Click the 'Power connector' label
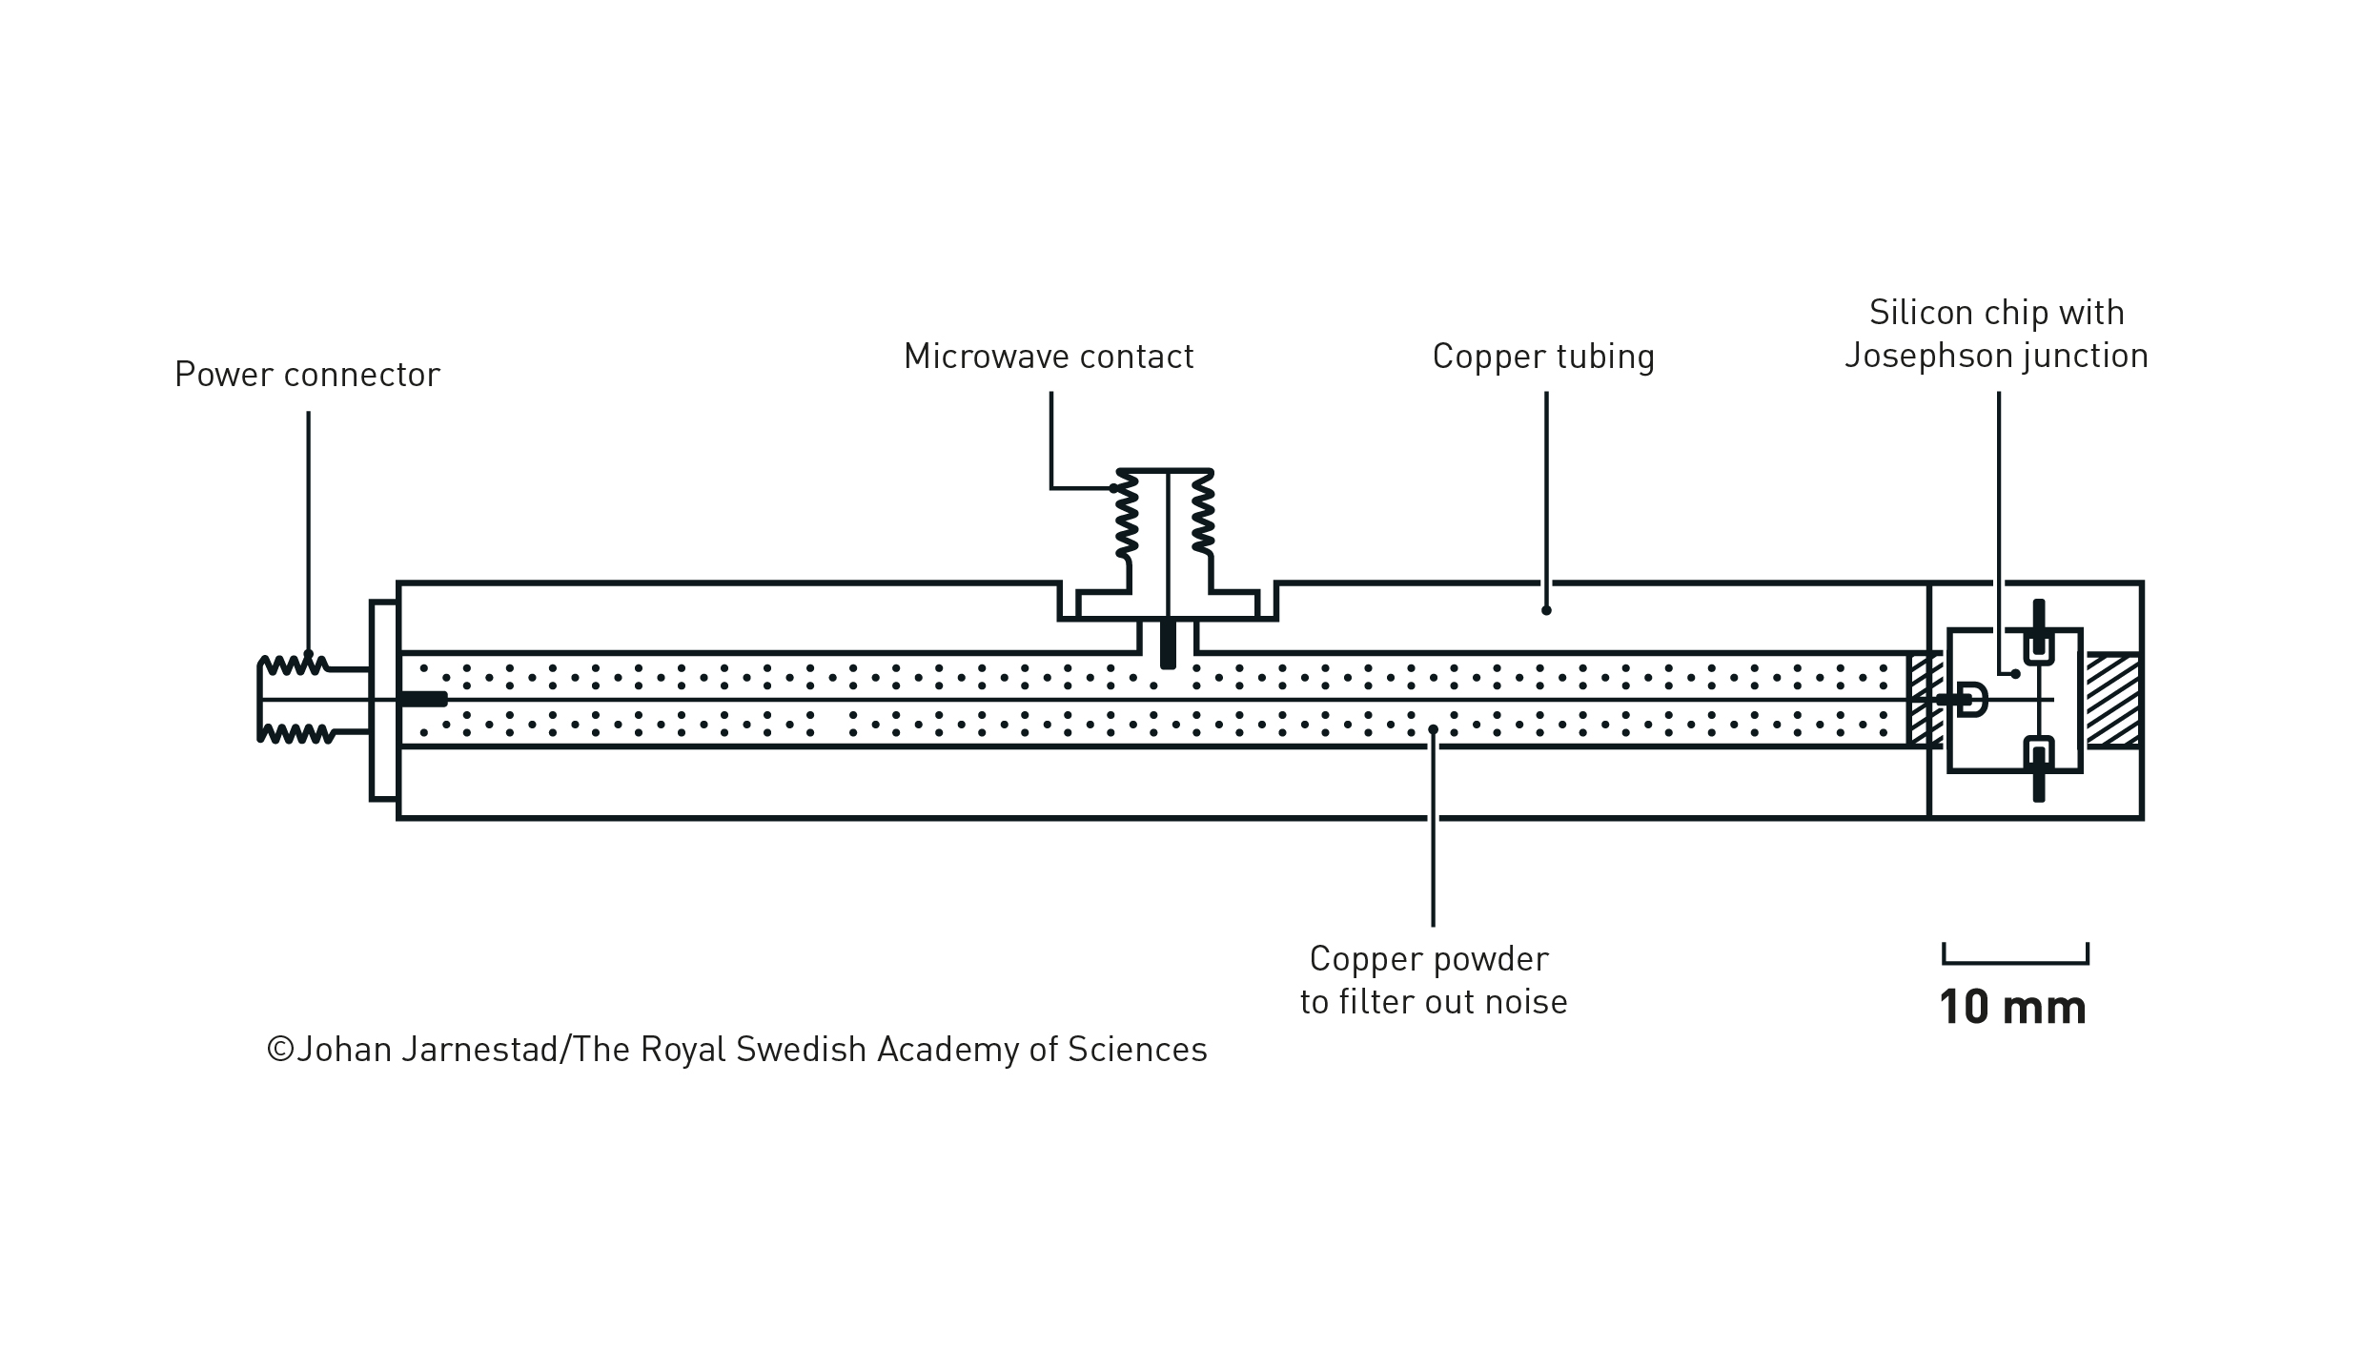(307, 375)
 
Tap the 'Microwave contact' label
(1048, 357)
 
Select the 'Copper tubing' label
(1542, 357)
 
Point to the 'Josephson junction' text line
(1996, 356)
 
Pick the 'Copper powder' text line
(1429, 958)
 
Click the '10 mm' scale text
(2012, 1008)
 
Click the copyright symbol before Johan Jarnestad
(280, 1050)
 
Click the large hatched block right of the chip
(2113, 700)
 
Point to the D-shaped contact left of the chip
(1972, 700)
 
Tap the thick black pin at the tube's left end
(422, 700)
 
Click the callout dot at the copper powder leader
(1433, 730)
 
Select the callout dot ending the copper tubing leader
(1546, 610)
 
